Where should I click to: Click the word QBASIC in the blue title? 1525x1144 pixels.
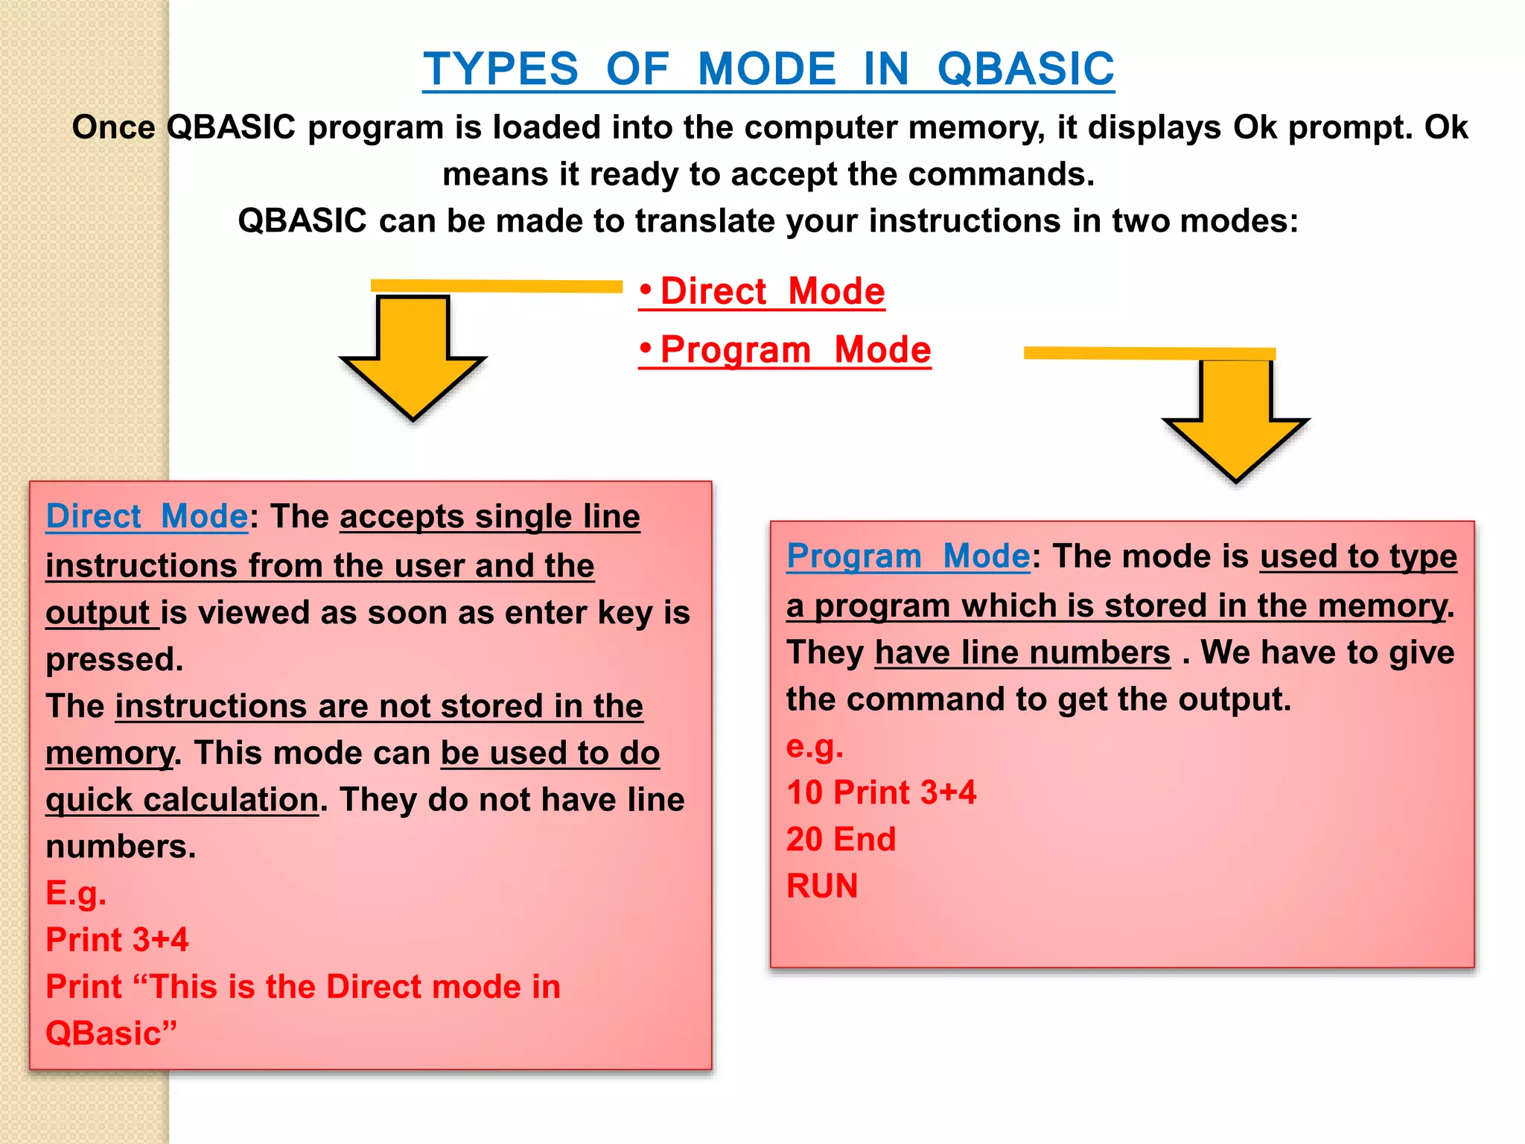pyautogui.click(x=1025, y=69)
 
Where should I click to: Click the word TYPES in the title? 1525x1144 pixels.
pyautogui.click(x=500, y=69)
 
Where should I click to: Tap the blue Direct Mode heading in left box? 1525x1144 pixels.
pyautogui.click(x=147, y=516)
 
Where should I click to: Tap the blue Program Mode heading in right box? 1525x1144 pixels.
pyautogui.click(x=908, y=556)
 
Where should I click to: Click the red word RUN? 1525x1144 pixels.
pyautogui.click(x=822, y=886)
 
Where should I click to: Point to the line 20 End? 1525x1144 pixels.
pyautogui.click(x=841, y=839)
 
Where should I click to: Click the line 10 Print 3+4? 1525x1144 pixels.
pyautogui.click(x=881, y=792)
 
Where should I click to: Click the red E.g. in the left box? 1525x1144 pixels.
pyautogui.click(x=76, y=893)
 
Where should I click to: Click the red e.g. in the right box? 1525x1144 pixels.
pyautogui.click(x=815, y=746)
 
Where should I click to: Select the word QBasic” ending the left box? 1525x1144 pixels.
pyautogui.click(x=111, y=1034)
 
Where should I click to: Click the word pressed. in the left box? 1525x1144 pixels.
pyautogui.click(x=114, y=660)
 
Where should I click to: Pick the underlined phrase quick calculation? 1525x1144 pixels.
pyautogui.click(x=182, y=800)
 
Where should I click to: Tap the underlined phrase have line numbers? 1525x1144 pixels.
pyautogui.click(x=1022, y=653)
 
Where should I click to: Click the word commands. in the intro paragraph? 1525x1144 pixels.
pyautogui.click(x=1001, y=174)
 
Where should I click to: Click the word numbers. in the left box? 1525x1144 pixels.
pyautogui.click(x=121, y=847)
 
